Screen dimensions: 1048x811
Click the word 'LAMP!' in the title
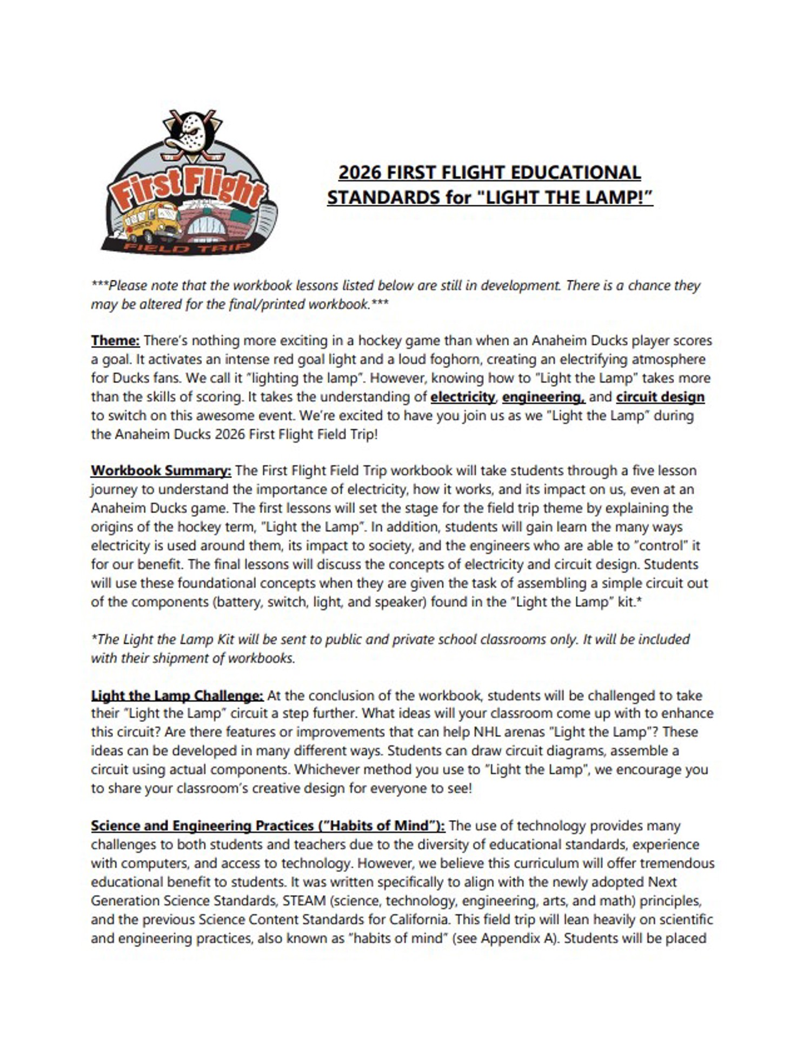620,197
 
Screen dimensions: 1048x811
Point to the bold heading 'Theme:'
115,341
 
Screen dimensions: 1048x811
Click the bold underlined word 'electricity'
462,397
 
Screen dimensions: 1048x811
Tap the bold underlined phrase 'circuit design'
660,397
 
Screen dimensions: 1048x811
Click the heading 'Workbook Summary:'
161,471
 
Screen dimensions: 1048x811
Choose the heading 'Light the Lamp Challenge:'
177,695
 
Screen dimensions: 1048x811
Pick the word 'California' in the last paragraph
417,919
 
